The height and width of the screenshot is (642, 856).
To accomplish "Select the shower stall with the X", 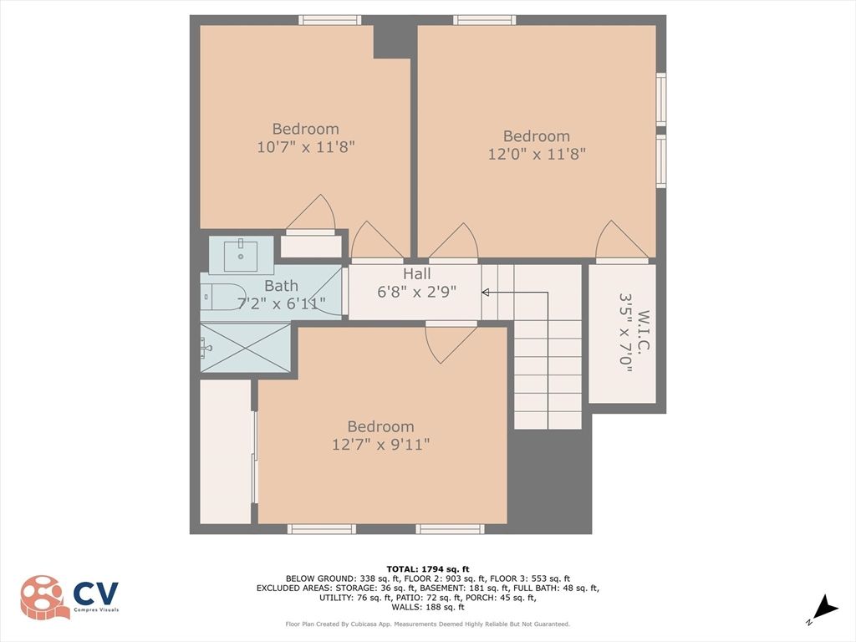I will [246, 347].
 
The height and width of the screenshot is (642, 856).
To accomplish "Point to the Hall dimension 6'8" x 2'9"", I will [417, 293].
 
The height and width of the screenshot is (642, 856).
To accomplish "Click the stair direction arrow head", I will [486, 292].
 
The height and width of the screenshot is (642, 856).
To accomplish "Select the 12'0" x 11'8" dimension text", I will [536, 154].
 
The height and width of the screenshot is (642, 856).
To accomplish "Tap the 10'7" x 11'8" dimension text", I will [305, 146].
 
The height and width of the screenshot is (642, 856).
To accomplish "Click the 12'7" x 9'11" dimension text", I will [380, 445].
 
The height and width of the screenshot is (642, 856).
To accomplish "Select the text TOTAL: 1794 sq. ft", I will [427, 568].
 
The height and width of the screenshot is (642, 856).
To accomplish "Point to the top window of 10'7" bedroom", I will [330, 20].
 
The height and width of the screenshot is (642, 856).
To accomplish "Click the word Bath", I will [281, 287].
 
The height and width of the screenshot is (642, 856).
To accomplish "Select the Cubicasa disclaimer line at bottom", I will [427, 624].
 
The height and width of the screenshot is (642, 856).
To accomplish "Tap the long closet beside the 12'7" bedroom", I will [226, 451].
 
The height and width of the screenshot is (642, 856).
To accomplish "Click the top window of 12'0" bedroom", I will [485, 20].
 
